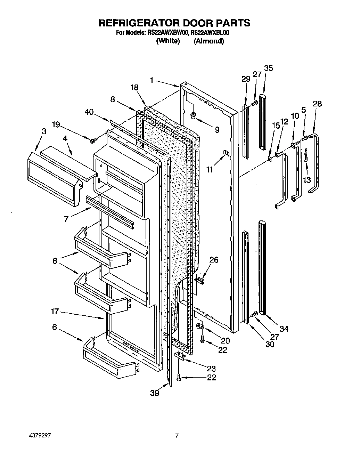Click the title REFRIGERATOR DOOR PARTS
click(174, 23)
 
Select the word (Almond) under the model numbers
click(208, 41)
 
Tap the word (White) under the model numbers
click(168, 41)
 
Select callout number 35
click(268, 68)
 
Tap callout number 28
click(317, 104)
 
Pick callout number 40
click(89, 112)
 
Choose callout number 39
click(155, 393)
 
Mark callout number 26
click(214, 259)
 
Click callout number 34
click(284, 328)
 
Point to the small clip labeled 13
click(306, 154)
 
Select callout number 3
click(44, 131)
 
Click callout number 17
click(55, 312)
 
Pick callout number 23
click(211, 369)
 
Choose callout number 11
click(209, 170)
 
